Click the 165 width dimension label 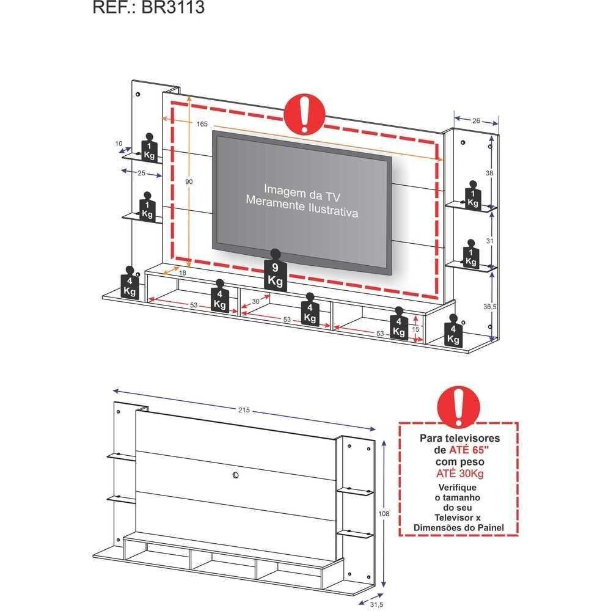pyautogui.click(x=202, y=124)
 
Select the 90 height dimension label pyautogui.click(x=189, y=181)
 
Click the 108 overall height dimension pyautogui.click(x=384, y=514)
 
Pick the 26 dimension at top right pyautogui.click(x=476, y=120)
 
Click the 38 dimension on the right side pyautogui.click(x=489, y=174)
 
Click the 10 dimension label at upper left pyautogui.click(x=119, y=144)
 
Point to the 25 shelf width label pyautogui.click(x=141, y=174)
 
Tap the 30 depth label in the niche pyautogui.click(x=256, y=301)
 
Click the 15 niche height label pyautogui.click(x=415, y=329)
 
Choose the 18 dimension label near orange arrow pyautogui.click(x=183, y=273)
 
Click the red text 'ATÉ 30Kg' pyautogui.click(x=459, y=474)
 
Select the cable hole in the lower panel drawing pyautogui.click(x=235, y=474)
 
